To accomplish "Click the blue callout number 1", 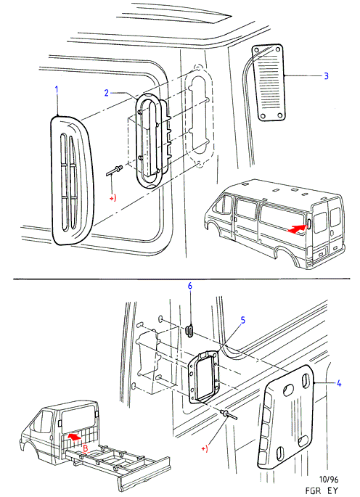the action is tap(57, 90).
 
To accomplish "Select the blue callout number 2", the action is tap(107, 93).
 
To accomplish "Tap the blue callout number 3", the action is tap(326, 76).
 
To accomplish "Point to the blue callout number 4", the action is tap(339, 384).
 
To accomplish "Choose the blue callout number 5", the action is tap(243, 320).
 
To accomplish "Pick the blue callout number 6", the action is tap(190, 286).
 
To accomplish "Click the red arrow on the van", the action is tap(297, 229).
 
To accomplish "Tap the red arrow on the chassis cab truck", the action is tap(74, 437).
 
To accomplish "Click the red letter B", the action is tap(85, 448).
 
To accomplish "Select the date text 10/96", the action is tap(328, 479).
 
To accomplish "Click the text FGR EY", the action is tap(322, 490).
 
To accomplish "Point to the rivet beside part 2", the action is tap(114, 170).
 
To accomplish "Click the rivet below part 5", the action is tap(228, 414).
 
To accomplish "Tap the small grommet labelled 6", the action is tap(189, 332).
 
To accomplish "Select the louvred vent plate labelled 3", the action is tap(268, 83).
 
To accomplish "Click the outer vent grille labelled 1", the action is tap(72, 181).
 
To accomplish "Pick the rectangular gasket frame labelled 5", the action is tap(203, 377).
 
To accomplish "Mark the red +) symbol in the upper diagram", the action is tap(113, 198).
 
